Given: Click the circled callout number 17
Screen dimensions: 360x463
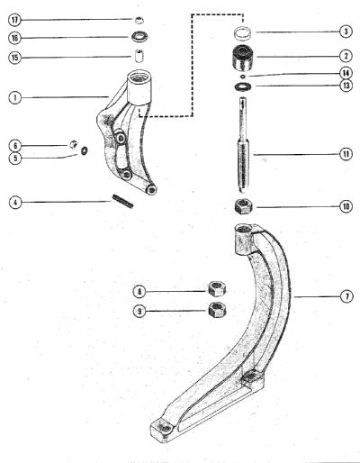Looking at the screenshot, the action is coord(15,21).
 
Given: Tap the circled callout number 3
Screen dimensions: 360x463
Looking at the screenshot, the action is coord(346,32).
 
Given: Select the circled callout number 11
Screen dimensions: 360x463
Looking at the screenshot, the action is coord(346,154).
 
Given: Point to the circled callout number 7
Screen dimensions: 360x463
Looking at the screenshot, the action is coord(346,296).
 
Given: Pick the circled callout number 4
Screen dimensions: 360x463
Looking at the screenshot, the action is coord(15,202).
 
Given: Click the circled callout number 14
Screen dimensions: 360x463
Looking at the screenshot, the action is coord(346,73).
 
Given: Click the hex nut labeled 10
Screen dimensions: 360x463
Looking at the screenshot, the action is coord(243,206).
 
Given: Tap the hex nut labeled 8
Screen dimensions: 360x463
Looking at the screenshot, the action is coord(217,288).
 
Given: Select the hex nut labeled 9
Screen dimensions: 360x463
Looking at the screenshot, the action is coord(217,310).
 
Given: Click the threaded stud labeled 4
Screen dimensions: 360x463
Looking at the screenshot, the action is coord(122,201).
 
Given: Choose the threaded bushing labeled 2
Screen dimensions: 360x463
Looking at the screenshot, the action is coord(243,58).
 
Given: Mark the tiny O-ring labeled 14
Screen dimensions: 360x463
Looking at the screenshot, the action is coord(243,77).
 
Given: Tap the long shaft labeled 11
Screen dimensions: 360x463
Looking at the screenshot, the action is coord(243,145).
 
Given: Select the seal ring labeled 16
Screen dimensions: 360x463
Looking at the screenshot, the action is coord(139,37).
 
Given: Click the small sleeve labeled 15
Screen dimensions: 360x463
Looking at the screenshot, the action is coord(139,56).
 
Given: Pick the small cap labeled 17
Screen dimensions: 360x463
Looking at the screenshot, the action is coord(139,21).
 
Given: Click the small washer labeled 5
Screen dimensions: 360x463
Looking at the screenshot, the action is coord(85,150).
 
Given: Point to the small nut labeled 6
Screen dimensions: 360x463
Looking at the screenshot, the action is coord(74,144).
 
